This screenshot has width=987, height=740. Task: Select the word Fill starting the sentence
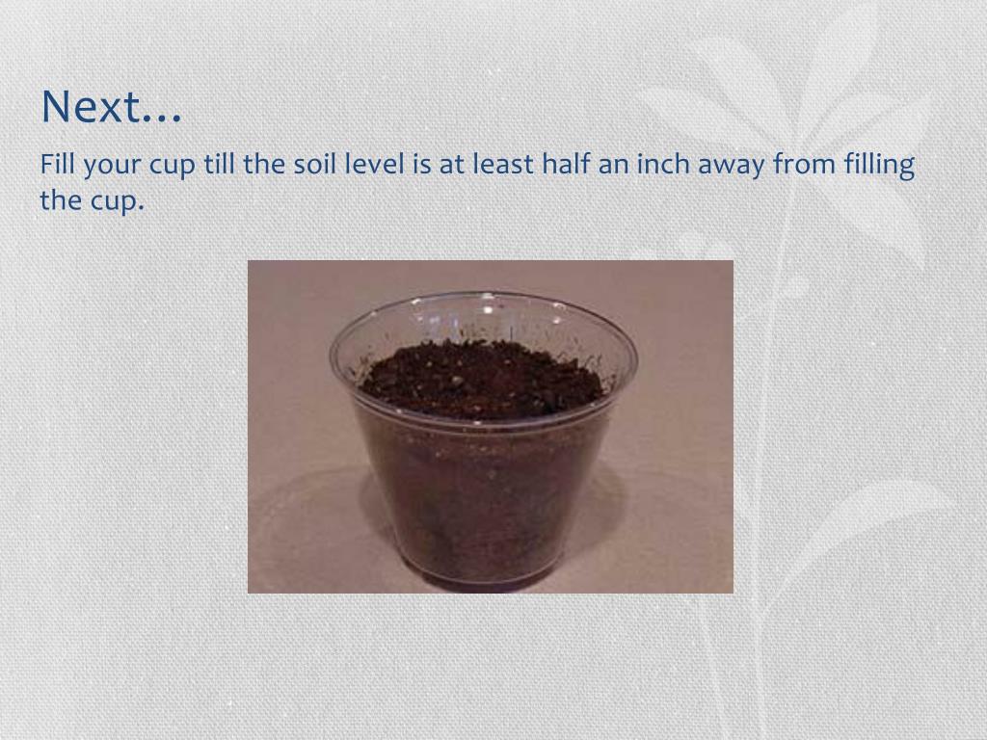[x=57, y=165]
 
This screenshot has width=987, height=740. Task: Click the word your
[x=112, y=167]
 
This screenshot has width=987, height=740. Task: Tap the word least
[x=502, y=165]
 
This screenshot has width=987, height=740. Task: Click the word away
[x=732, y=167]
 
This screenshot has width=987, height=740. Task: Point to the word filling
[x=878, y=167]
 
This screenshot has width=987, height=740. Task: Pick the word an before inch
[x=611, y=167]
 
